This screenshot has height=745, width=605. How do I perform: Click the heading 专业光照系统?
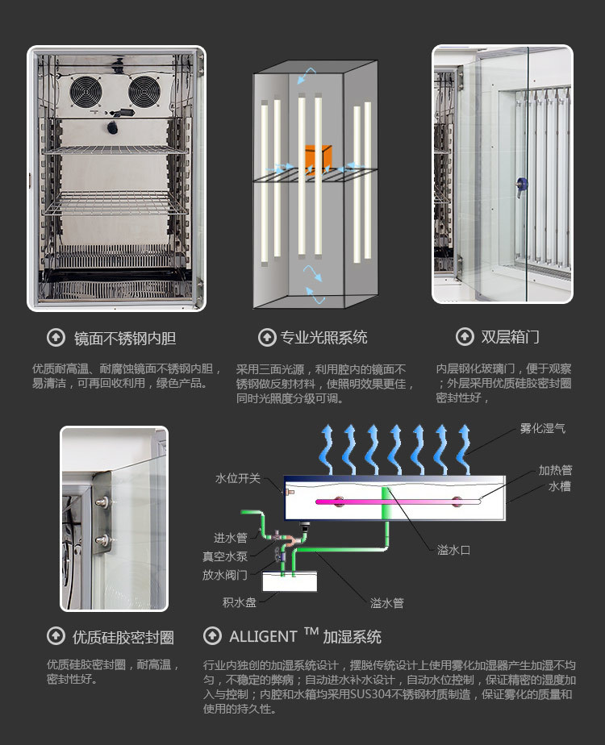[323, 337]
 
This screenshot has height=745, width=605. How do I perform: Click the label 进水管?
[230, 538]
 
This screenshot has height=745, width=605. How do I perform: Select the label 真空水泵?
[225, 556]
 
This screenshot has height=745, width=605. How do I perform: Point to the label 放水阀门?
[225, 575]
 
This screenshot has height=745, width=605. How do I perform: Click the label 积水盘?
[240, 601]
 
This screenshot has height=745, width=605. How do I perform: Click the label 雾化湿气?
[542, 428]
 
